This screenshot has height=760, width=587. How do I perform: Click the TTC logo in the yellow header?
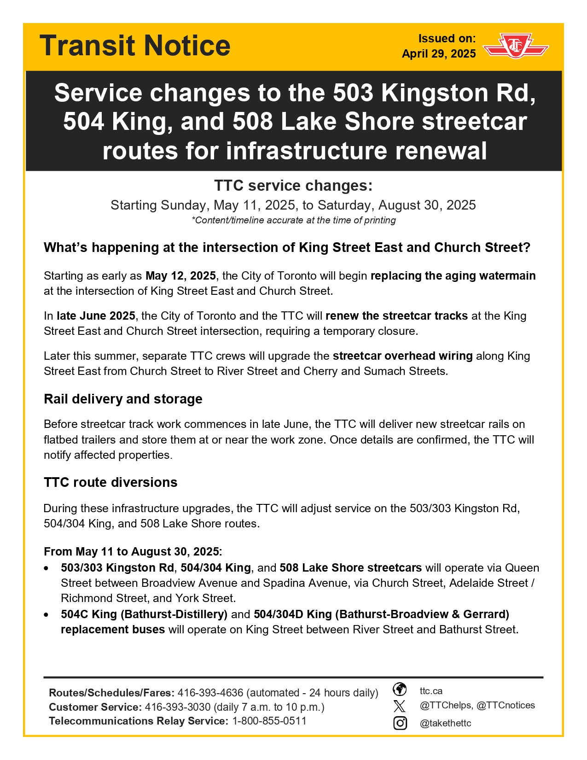(x=515, y=45)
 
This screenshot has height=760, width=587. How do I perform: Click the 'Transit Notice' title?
(x=135, y=46)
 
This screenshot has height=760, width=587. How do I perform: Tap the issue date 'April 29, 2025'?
(x=439, y=54)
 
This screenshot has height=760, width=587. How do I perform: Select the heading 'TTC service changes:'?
(x=293, y=186)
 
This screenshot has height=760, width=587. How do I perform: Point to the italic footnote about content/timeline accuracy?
(x=293, y=220)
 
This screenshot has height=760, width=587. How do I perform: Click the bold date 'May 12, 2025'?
(x=180, y=276)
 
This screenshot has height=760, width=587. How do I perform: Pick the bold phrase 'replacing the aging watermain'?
(x=453, y=276)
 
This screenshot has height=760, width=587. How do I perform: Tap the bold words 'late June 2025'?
(x=96, y=316)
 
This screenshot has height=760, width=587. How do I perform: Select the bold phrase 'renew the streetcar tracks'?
(x=396, y=316)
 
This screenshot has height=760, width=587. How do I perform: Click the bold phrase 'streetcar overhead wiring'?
(x=402, y=356)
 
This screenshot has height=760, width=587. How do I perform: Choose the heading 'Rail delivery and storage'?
(x=123, y=399)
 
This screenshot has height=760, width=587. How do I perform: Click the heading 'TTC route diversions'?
(x=110, y=482)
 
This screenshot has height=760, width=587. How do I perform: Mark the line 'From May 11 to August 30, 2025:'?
(x=133, y=551)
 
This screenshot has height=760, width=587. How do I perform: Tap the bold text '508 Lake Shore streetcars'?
(x=350, y=568)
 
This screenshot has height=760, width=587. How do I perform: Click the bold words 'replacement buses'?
(x=113, y=630)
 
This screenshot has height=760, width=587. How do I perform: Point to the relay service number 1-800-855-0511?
(x=269, y=721)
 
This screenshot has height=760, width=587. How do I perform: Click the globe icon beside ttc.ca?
(x=400, y=690)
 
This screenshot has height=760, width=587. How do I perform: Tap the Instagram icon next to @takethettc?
(x=400, y=723)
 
